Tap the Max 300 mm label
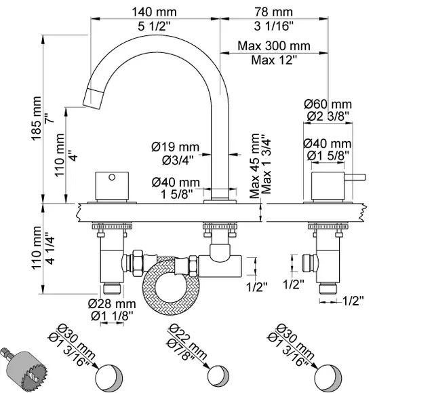click(x=273, y=46)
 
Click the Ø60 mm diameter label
click(x=328, y=104)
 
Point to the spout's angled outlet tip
click(x=92, y=96)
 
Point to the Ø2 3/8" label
click(x=328, y=116)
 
